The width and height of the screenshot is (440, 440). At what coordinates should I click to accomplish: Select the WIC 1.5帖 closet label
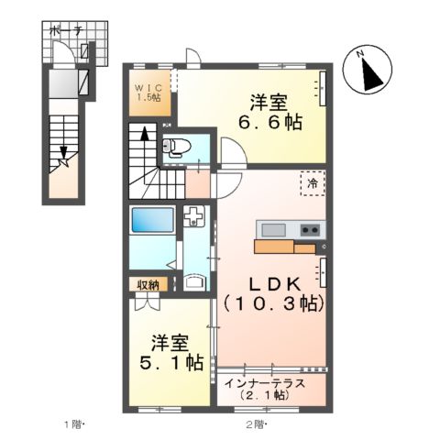pyautogui.click(x=149, y=92)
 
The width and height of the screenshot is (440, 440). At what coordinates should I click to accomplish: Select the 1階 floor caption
pyautogui.click(x=74, y=423)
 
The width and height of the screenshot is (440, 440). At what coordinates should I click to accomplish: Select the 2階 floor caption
pyautogui.click(x=256, y=423)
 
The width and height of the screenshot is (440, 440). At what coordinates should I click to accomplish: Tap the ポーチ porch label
pyautogui.click(x=67, y=30)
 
